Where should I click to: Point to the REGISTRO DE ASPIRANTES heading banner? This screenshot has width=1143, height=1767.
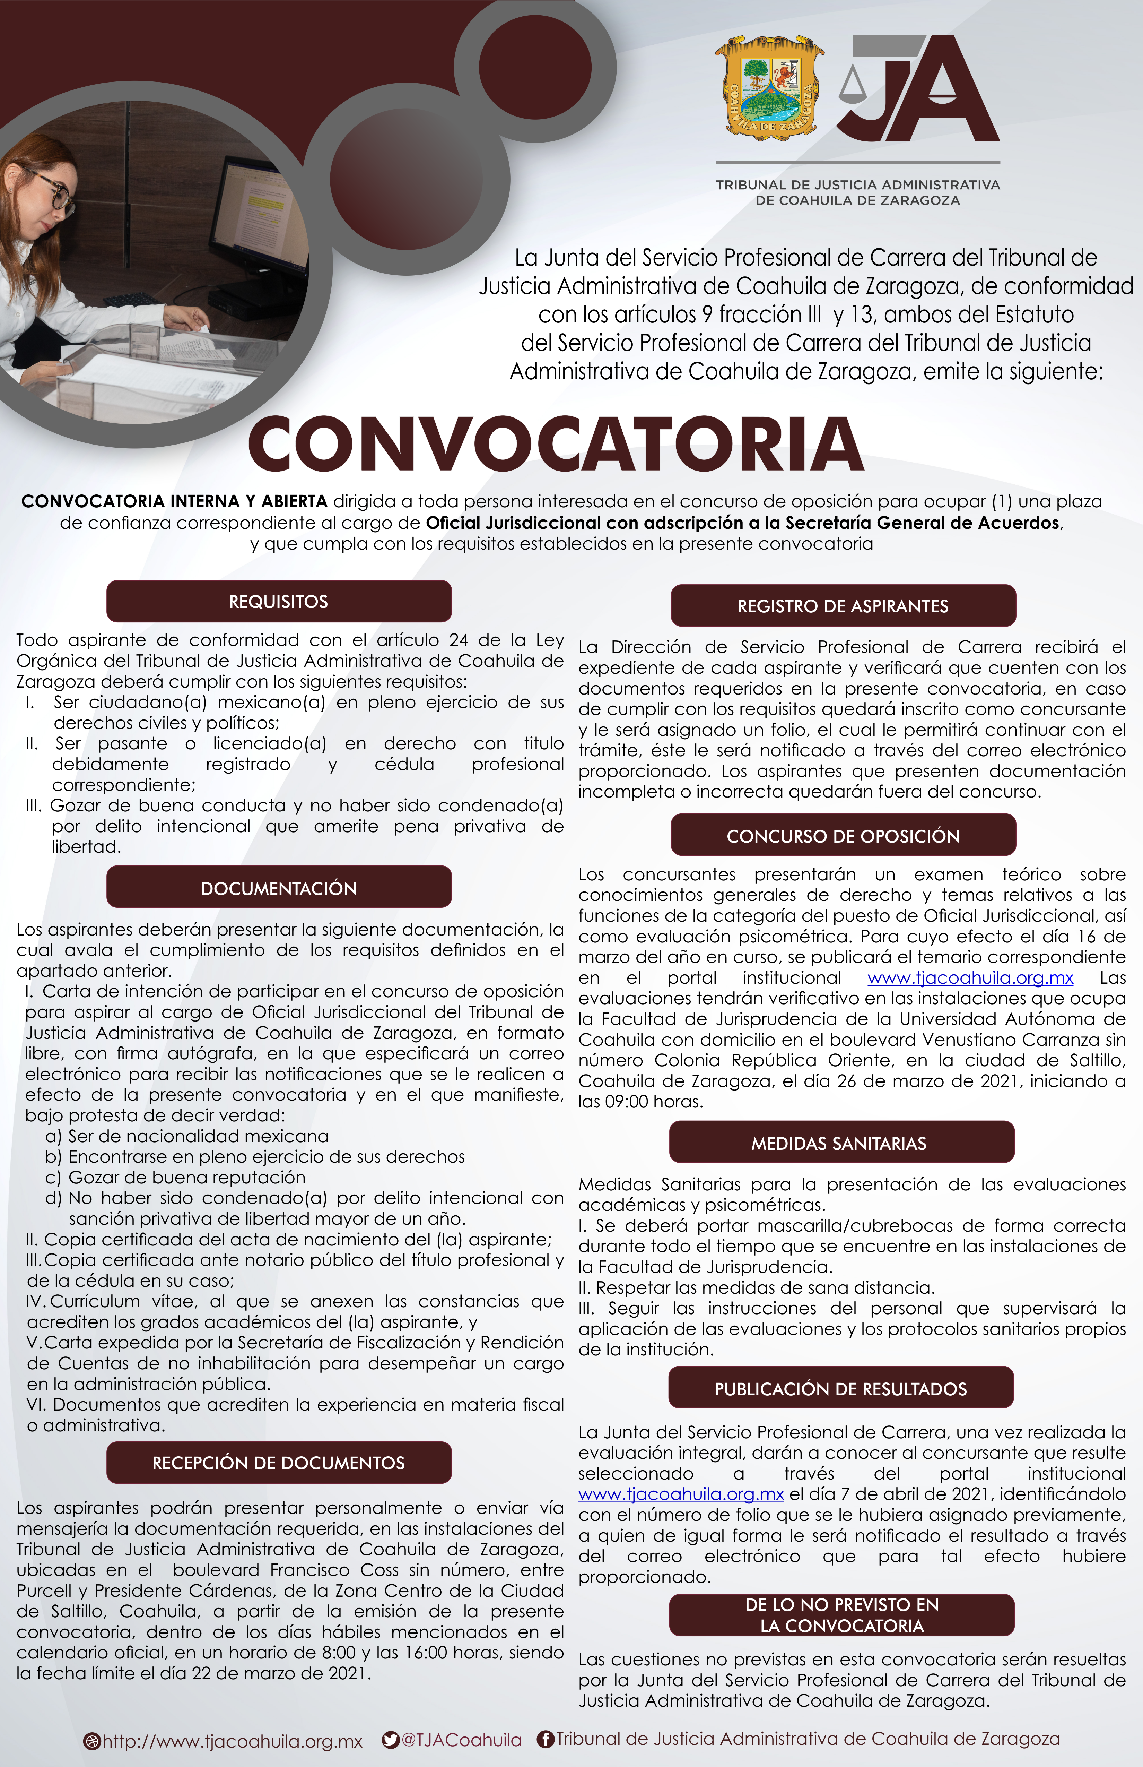click(843, 606)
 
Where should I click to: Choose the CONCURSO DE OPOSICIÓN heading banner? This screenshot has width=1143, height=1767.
click(843, 836)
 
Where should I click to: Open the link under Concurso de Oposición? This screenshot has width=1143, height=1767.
click(970, 978)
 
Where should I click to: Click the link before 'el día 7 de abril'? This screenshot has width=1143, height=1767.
click(681, 1494)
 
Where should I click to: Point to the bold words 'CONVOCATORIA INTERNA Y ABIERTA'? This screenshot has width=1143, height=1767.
click(174, 501)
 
